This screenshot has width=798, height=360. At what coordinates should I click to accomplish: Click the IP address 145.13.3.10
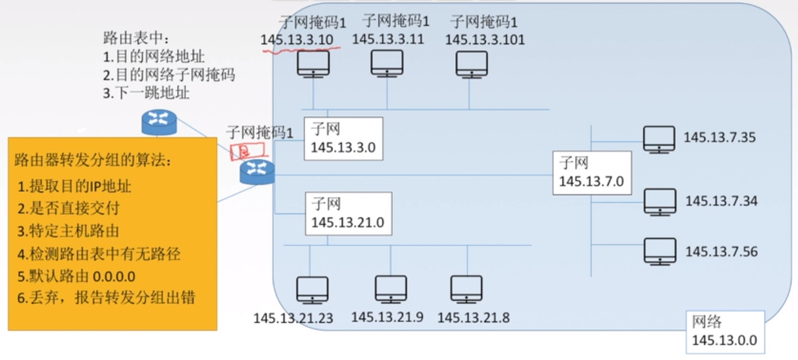296,40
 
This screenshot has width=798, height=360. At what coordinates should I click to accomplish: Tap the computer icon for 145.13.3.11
387,63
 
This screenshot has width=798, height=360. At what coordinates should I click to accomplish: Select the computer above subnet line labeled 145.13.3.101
472,64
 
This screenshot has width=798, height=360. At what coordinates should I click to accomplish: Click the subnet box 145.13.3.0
343,139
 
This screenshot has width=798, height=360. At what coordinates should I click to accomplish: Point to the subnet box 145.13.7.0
592,173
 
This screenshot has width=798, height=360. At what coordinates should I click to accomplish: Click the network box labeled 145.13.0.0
724,332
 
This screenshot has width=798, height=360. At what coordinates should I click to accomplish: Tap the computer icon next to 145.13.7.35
658,139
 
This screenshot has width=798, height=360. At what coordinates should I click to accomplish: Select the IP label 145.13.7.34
721,201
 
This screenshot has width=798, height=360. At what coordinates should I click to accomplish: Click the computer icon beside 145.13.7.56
659,252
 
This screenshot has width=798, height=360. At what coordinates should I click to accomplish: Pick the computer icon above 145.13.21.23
312,290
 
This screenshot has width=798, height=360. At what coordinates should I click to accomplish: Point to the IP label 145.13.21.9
387,317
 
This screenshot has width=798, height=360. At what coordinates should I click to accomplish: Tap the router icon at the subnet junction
257,172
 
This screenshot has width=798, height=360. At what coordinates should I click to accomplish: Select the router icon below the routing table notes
159,122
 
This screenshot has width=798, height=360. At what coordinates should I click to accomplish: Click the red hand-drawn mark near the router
246,150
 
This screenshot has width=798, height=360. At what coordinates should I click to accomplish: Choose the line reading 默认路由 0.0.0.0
77,276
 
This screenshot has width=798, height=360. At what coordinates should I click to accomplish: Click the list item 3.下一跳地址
146,93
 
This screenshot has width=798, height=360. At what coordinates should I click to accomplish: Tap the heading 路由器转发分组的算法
93,161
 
